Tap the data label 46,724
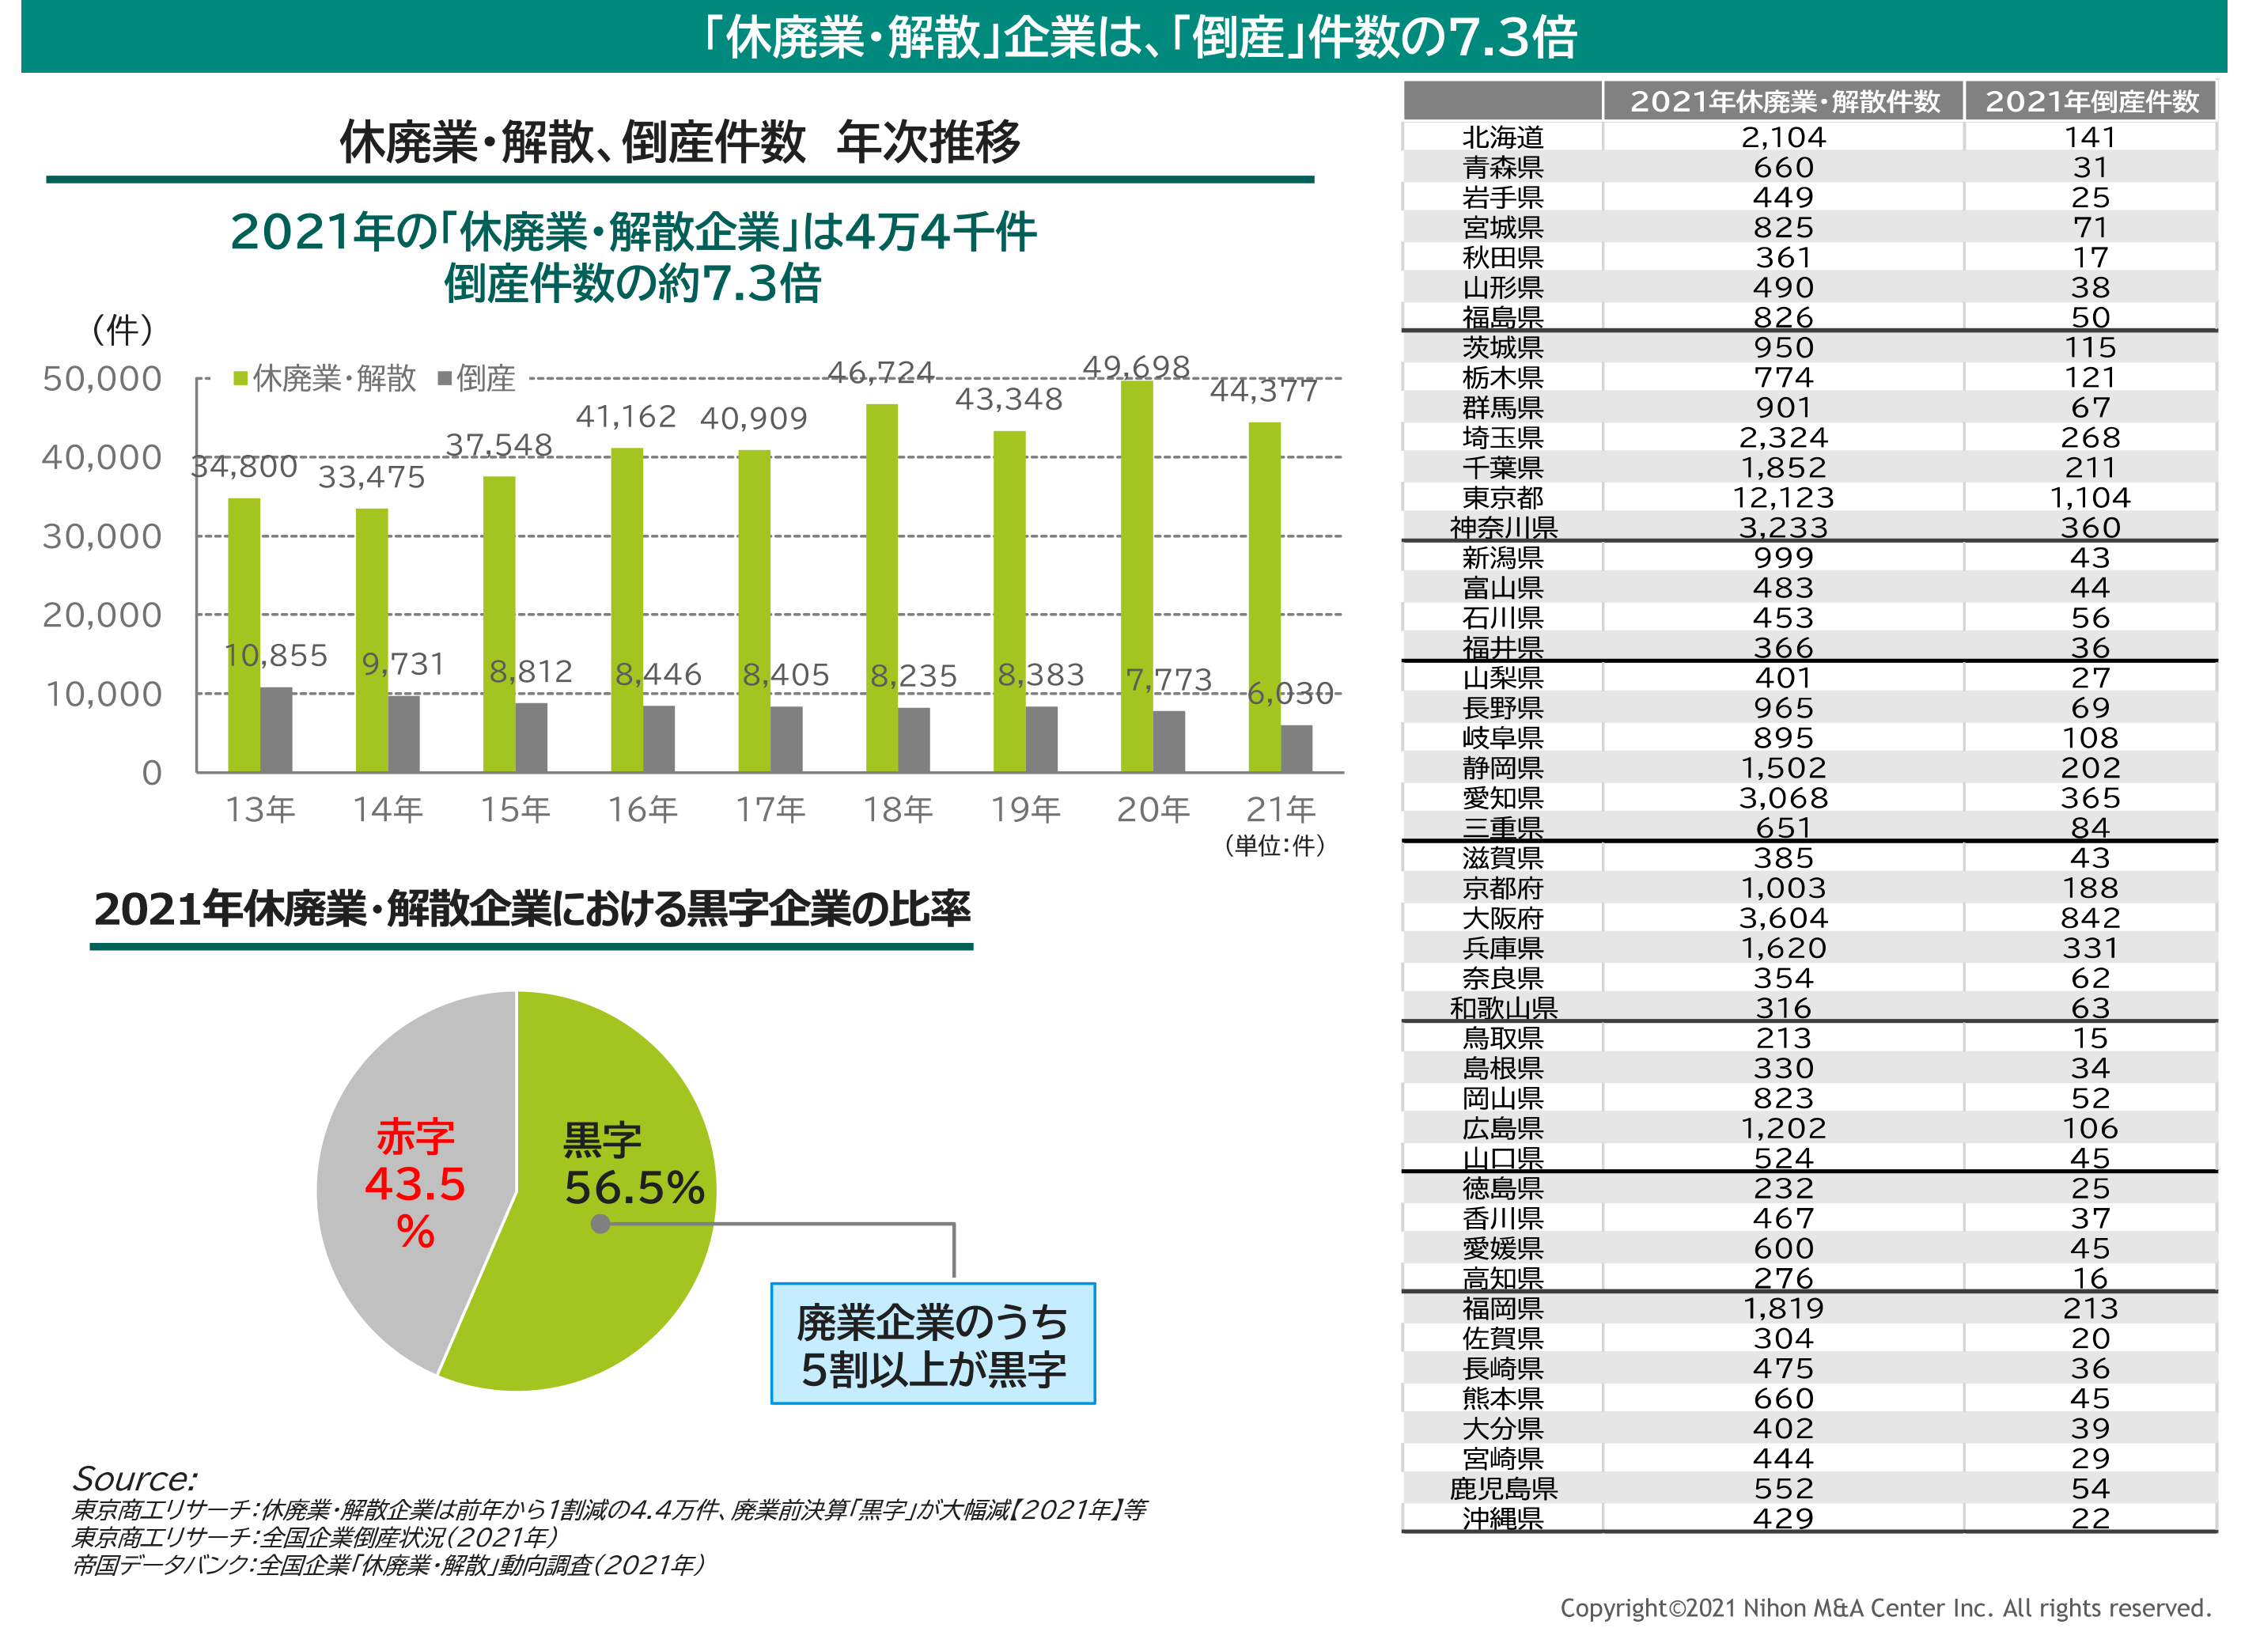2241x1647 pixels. (x=880, y=373)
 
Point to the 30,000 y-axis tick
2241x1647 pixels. (x=102, y=536)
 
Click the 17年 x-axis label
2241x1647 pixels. (x=770, y=808)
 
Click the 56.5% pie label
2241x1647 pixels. (x=634, y=1187)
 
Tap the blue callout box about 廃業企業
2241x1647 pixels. (x=932, y=1344)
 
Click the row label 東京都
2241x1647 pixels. (x=1502, y=498)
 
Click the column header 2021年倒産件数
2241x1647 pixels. (x=2091, y=102)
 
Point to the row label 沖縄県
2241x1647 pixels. (x=1502, y=1517)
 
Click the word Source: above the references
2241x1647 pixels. (x=134, y=1478)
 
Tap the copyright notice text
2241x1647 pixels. (x=1884, y=1607)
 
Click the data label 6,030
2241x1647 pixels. (x=1290, y=693)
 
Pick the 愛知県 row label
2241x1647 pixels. (x=1502, y=797)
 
